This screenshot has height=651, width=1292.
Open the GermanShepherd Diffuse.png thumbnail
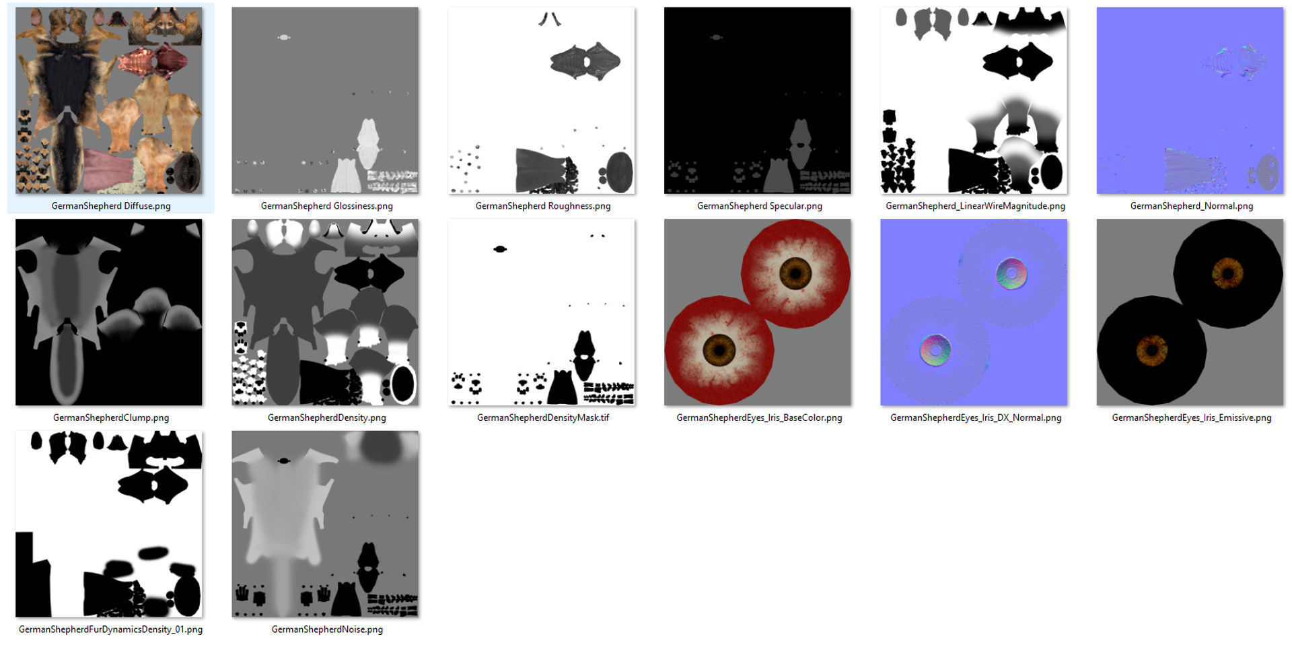click(109, 100)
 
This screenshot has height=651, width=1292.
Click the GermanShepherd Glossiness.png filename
click(326, 206)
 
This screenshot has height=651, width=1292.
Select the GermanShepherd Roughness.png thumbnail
click(542, 100)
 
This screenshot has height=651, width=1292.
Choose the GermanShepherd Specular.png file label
click(759, 206)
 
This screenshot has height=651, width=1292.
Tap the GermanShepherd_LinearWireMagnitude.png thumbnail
click(974, 100)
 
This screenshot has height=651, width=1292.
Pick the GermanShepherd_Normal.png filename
click(1191, 206)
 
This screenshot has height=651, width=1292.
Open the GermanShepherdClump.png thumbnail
click(109, 312)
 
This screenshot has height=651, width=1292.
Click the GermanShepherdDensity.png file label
click(326, 418)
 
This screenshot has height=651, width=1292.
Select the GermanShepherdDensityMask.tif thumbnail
click(542, 312)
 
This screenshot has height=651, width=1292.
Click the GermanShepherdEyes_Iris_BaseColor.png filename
click(759, 418)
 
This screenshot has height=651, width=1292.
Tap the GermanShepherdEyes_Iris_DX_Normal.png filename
click(975, 418)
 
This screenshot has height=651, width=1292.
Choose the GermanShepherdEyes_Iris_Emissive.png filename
click(1191, 418)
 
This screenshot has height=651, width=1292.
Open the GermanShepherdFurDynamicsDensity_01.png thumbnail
click(109, 524)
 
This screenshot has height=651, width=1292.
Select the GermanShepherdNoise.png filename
click(327, 629)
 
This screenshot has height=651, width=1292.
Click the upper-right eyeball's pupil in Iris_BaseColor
click(795, 273)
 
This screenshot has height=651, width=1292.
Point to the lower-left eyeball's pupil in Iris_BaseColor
click(719, 349)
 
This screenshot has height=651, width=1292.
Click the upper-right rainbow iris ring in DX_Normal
click(1011, 273)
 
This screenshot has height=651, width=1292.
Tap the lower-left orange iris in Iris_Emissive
click(1151, 349)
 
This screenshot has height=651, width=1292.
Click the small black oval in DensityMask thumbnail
click(499, 249)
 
